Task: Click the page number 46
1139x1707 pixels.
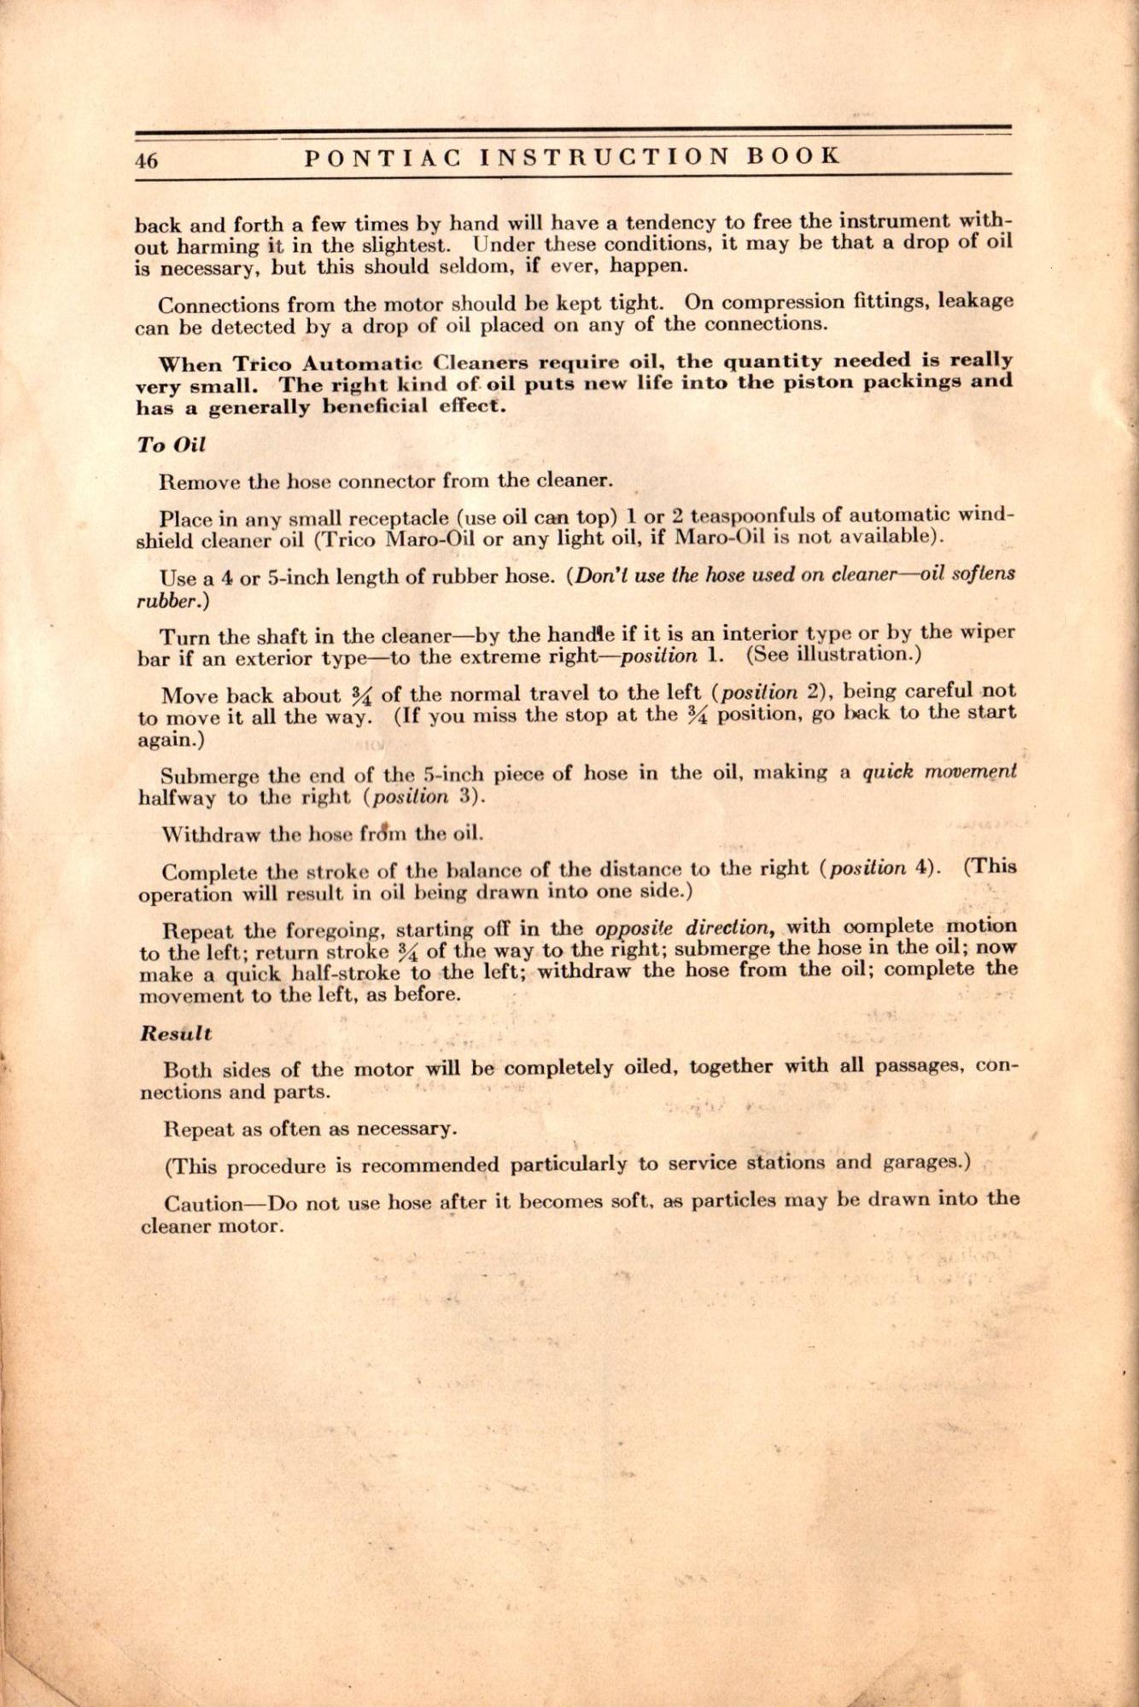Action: pos(146,160)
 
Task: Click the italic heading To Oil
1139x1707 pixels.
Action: pos(172,445)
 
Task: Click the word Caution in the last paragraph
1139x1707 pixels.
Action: pos(203,1204)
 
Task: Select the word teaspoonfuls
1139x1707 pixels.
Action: pos(745,516)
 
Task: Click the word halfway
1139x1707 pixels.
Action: pos(178,798)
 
